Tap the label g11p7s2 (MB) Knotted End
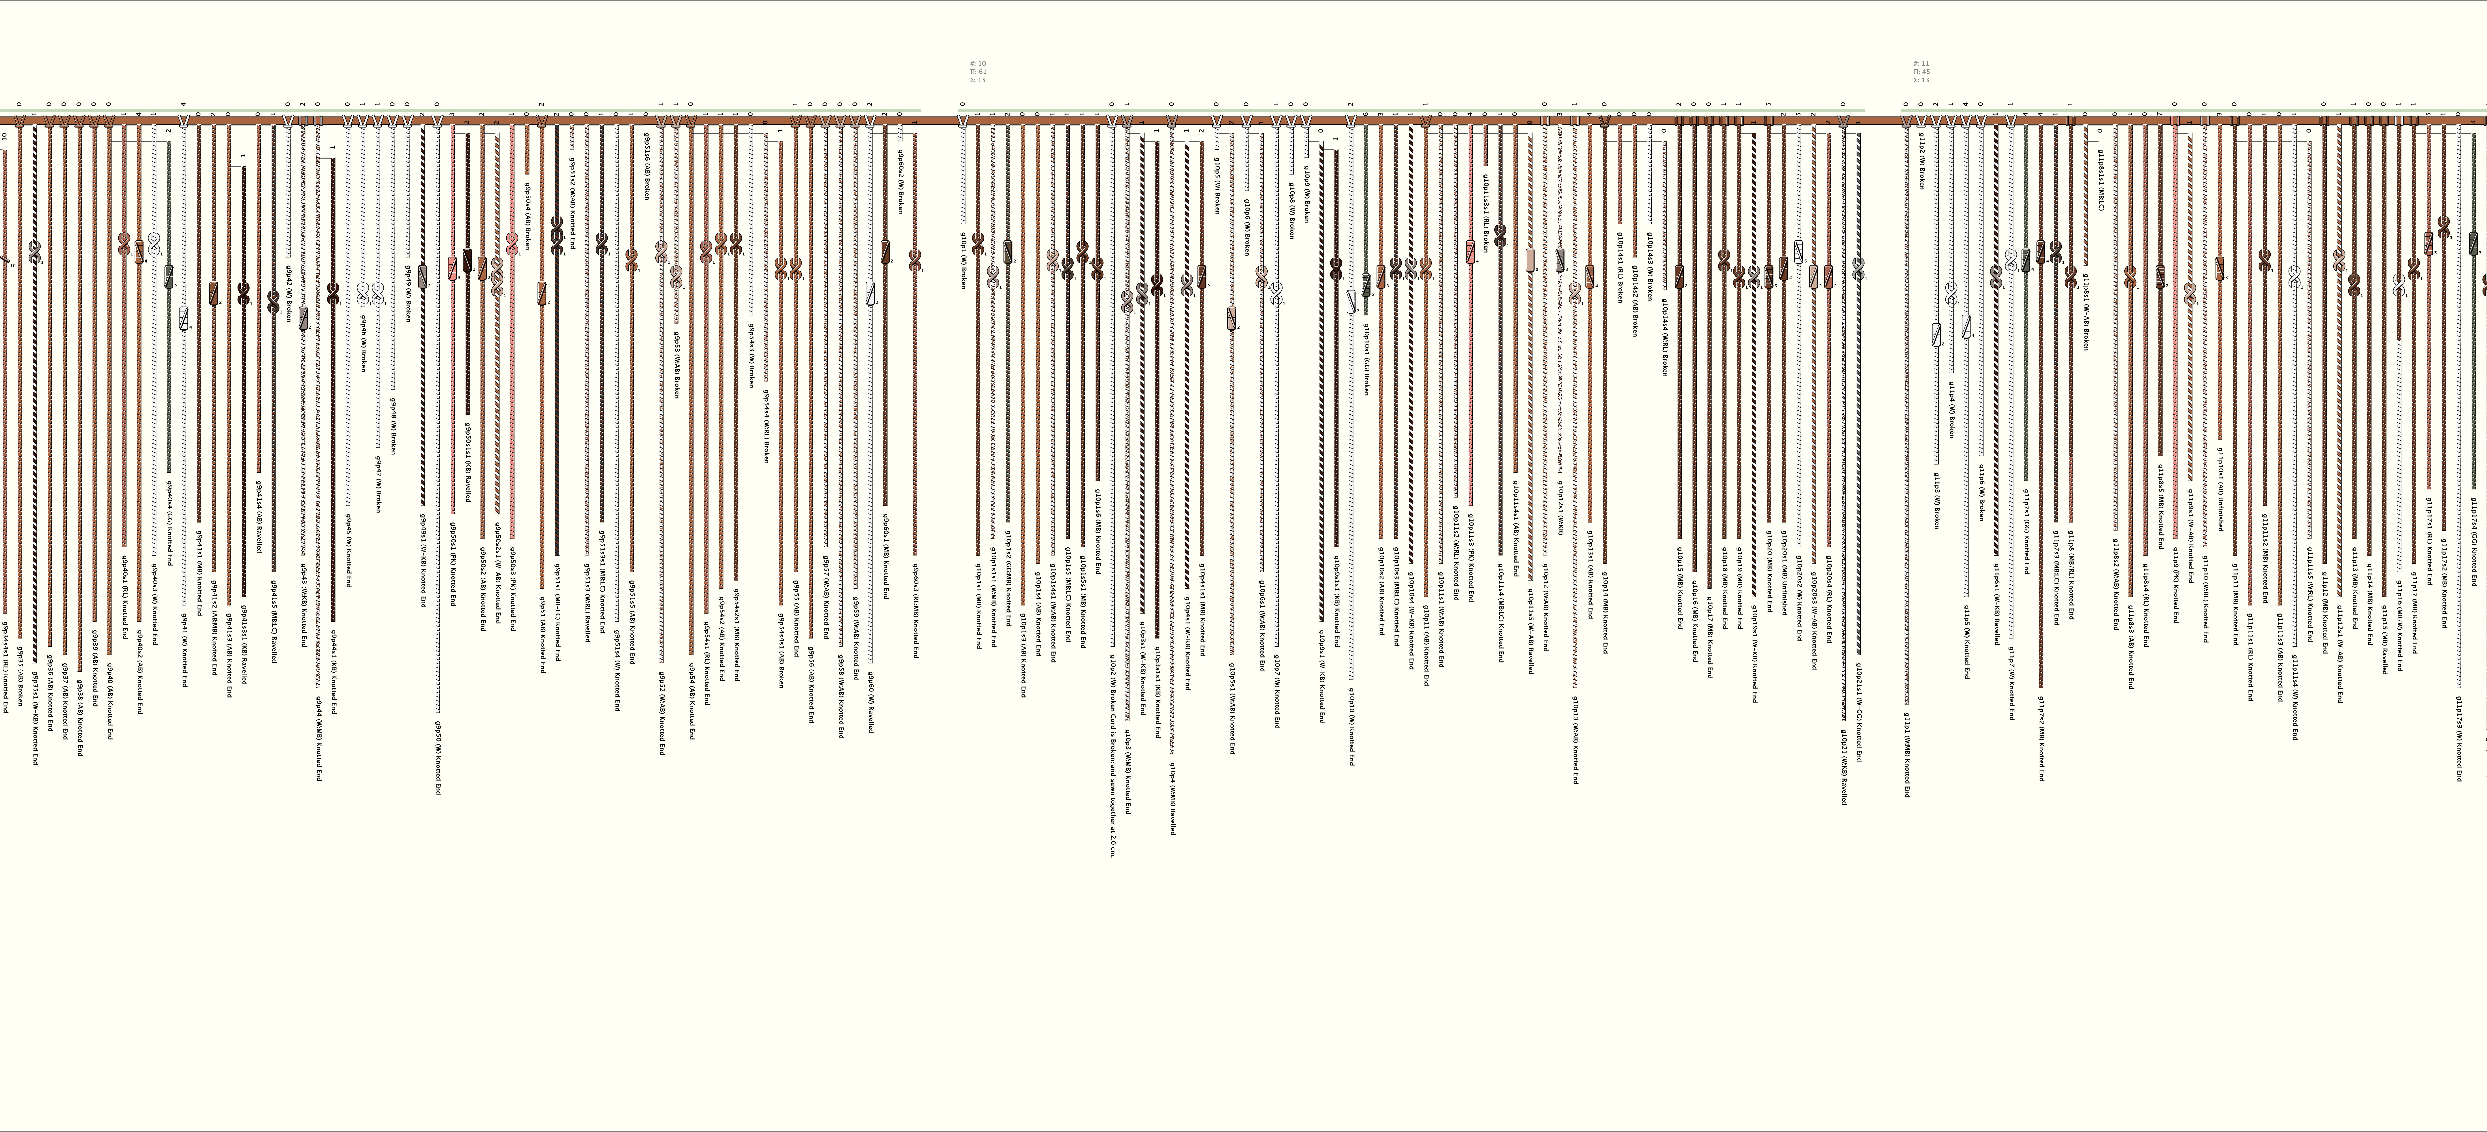point(2041,732)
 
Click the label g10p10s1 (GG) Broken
point(1365,359)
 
